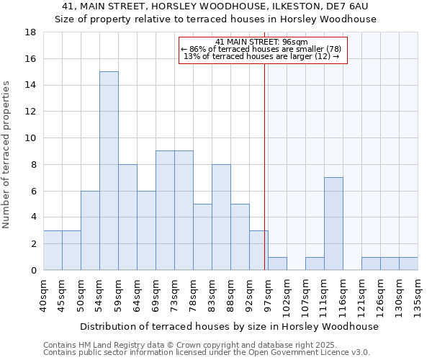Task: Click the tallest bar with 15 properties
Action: tap(109, 171)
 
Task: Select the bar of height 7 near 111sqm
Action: tap(333, 223)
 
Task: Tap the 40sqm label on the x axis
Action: tap(44, 294)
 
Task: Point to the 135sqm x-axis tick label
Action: tap(418, 297)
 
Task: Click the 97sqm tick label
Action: tap(269, 294)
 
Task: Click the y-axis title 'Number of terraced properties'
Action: tap(7, 155)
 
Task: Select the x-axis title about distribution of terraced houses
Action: tap(229, 326)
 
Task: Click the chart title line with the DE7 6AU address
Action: tap(216, 7)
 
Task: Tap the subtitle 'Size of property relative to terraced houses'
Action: tap(216, 19)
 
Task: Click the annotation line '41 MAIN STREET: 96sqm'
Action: tap(261, 42)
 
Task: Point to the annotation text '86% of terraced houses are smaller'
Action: tap(261, 49)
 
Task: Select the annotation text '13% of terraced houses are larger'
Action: tap(261, 56)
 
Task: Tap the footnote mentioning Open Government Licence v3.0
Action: tap(207, 353)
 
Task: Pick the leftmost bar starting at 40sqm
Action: tap(53, 250)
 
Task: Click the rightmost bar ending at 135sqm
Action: tap(408, 264)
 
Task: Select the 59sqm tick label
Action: tap(119, 294)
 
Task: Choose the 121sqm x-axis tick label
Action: tap(362, 297)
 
